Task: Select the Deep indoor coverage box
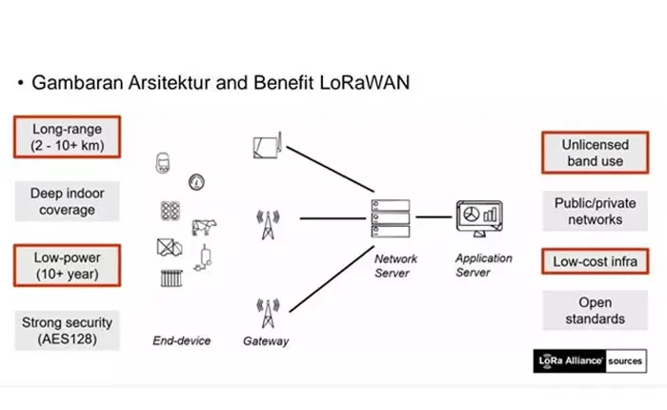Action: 66,201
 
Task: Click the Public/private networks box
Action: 589,211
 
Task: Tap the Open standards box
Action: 589,311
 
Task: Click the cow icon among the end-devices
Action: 205,227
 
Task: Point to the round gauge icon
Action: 197,179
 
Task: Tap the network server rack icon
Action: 390,218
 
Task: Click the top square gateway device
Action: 264,146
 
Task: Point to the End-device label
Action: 181,340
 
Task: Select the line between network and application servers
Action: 434,217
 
